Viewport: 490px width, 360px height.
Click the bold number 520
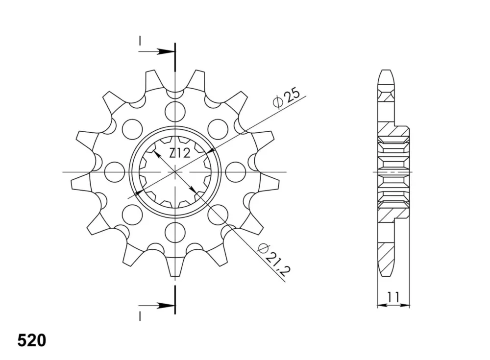(31, 340)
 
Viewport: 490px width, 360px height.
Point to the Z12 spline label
(179, 153)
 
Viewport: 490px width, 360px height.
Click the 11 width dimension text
(393, 297)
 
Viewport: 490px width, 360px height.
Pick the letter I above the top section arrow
(140, 40)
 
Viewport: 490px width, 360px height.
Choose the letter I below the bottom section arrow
(140, 316)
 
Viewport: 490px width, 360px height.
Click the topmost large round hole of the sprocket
(175, 111)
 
